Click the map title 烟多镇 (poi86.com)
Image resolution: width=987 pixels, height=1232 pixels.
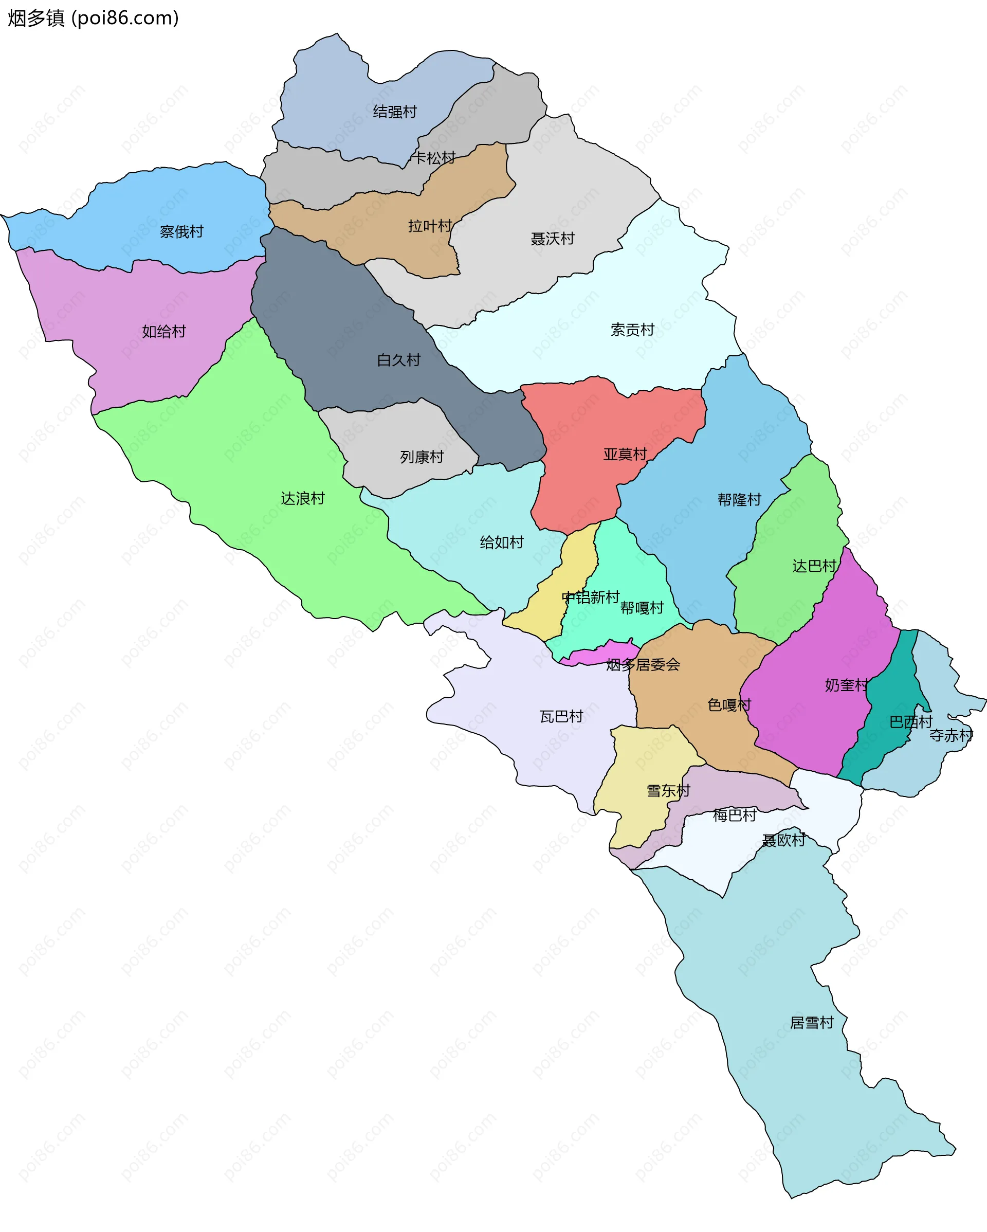pos(93,19)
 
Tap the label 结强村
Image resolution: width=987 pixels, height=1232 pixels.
pos(395,112)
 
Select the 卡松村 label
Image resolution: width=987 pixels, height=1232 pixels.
pos(434,158)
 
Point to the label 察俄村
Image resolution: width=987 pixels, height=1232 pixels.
pos(181,231)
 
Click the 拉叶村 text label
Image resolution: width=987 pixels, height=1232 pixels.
pos(430,226)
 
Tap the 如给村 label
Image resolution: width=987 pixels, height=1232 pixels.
pos(164,332)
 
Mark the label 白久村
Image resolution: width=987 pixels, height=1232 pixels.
pos(399,360)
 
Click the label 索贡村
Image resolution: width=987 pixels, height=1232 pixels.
pos(632,330)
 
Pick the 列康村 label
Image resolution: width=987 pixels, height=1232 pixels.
pos(422,457)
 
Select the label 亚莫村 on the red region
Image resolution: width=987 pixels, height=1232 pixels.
pos(625,454)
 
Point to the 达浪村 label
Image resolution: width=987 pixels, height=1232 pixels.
pos(303,498)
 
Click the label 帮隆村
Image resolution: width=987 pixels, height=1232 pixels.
pos(739,499)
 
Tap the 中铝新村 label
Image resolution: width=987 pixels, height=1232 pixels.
pos(591,597)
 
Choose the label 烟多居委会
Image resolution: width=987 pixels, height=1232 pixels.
pos(643,664)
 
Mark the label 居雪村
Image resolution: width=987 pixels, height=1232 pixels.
pos(812,1023)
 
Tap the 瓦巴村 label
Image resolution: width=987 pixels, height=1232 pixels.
pos(561,717)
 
